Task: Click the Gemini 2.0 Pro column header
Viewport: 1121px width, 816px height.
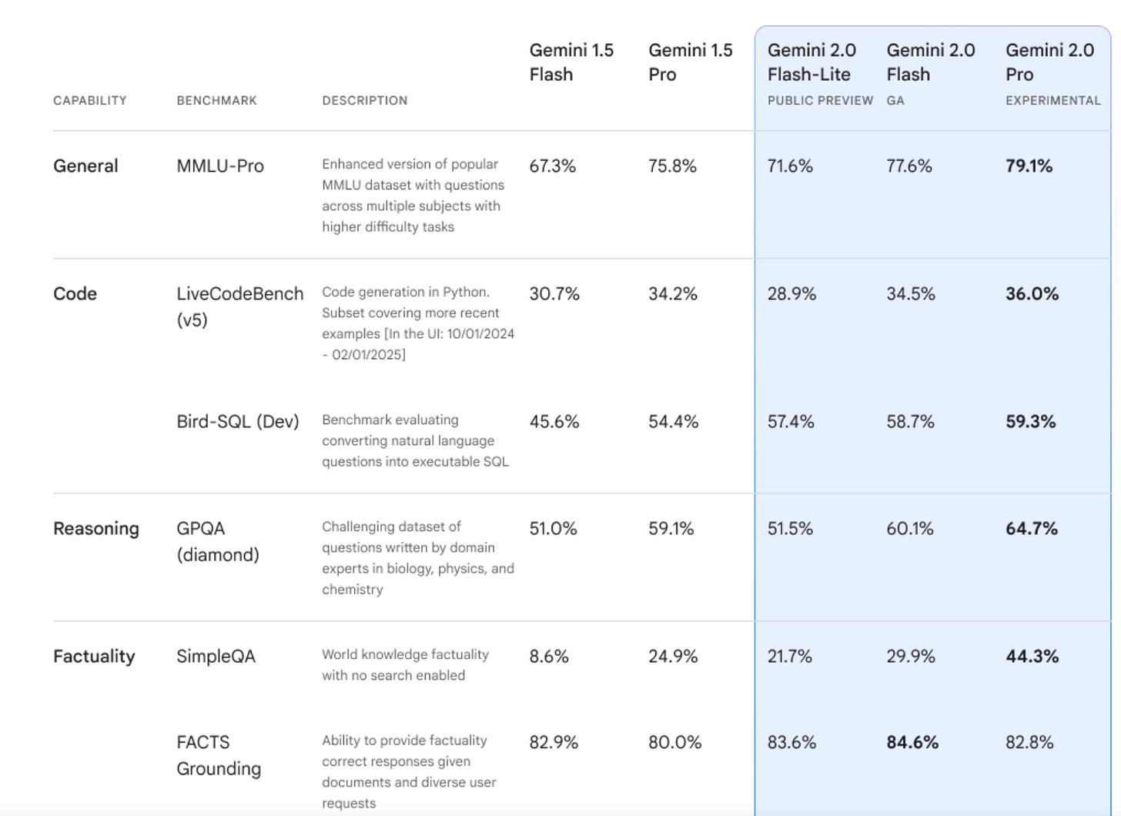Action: pyautogui.click(x=1049, y=62)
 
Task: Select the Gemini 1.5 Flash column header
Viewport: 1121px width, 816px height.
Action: pyautogui.click(x=571, y=62)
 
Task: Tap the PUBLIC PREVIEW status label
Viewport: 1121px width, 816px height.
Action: pyautogui.click(x=820, y=101)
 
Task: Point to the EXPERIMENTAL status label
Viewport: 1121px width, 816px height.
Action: pyautogui.click(x=1052, y=101)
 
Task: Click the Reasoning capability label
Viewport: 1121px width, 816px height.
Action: pyautogui.click(x=96, y=529)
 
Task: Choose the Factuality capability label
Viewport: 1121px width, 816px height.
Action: pyautogui.click(x=94, y=657)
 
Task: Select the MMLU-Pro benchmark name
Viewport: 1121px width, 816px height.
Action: pyautogui.click(x=220, y=166)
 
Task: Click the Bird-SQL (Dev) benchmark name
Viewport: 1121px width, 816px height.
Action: pyautogui.click(x=238, y=422)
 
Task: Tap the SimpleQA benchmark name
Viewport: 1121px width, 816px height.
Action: pyautogui.click(x=216, y=657)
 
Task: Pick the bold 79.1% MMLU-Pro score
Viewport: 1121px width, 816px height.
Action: pyautogui.click(x=1029, y=166)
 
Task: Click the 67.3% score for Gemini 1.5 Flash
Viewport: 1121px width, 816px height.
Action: pyautogui.click(x=552, y=166)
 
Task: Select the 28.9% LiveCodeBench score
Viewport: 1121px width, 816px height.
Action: pyautogui.click(x=791, y=294)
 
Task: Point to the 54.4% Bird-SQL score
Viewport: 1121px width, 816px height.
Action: pyautogui.click(x=673, y=422)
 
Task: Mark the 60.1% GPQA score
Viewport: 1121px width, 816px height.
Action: pyautogui.click(x=909, y=529)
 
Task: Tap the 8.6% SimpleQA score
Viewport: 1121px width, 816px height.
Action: pyautogui.click(x=549, y=657)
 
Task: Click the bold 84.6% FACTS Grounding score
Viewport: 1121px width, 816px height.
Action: pyautogui.click(x=912, y=743)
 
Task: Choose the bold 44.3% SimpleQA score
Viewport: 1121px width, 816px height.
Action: pyautogui.click(x=1032, y=657)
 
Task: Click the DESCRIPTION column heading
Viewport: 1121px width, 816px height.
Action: pyautogui.click(x=365, y=101)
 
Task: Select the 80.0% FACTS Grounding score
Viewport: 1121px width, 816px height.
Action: pyautogui.click(x=674, y=743)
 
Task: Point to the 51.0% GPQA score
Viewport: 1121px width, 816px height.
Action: pyautogui.click(x=553, y=529)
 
